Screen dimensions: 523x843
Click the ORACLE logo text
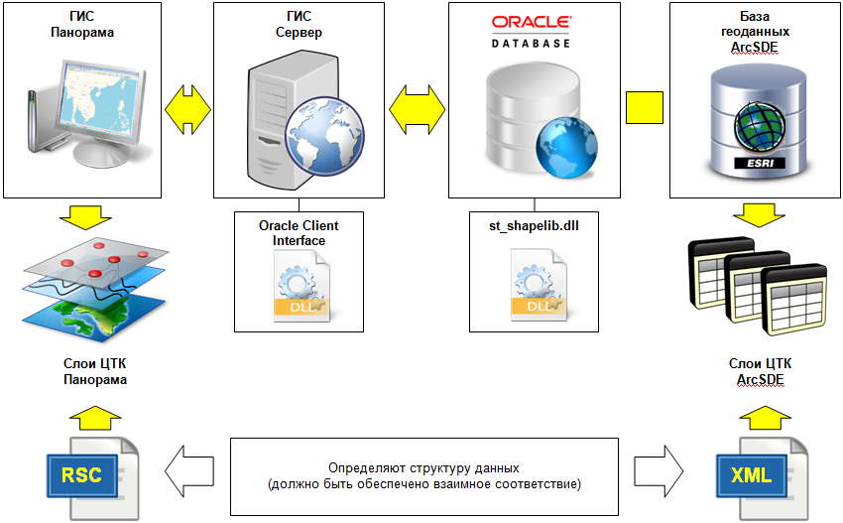click(531, 23)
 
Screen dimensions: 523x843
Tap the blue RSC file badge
click(82, 474)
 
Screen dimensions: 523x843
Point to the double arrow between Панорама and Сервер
click(187, 103)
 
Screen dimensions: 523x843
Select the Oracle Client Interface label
click(299, 232)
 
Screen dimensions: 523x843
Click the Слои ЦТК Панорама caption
click(87, 371)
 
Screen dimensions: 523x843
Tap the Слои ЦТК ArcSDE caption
click(760, 371)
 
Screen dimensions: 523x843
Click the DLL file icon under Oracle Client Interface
click(299, 288)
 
